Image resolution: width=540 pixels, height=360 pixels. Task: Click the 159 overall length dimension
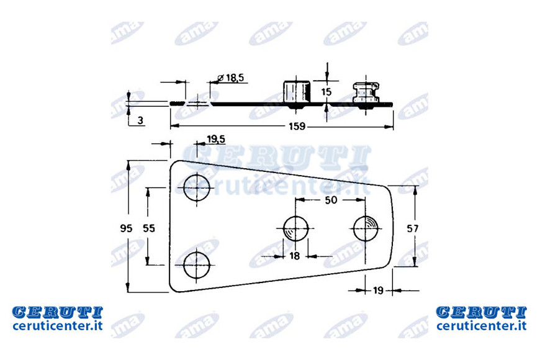297,127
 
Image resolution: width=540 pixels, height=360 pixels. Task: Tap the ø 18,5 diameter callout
231,78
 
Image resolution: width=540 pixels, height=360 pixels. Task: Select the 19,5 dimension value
216,139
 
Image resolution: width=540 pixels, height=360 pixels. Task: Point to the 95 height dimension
127,228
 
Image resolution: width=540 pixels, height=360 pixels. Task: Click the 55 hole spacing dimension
149,228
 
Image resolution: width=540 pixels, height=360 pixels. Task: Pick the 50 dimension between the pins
331,200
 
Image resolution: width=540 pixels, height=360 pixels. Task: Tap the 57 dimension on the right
413,228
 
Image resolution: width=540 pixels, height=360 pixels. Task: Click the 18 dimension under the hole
294,256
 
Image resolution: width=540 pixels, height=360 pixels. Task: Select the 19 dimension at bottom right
378,290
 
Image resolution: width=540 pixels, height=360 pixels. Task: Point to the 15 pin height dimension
326,92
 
